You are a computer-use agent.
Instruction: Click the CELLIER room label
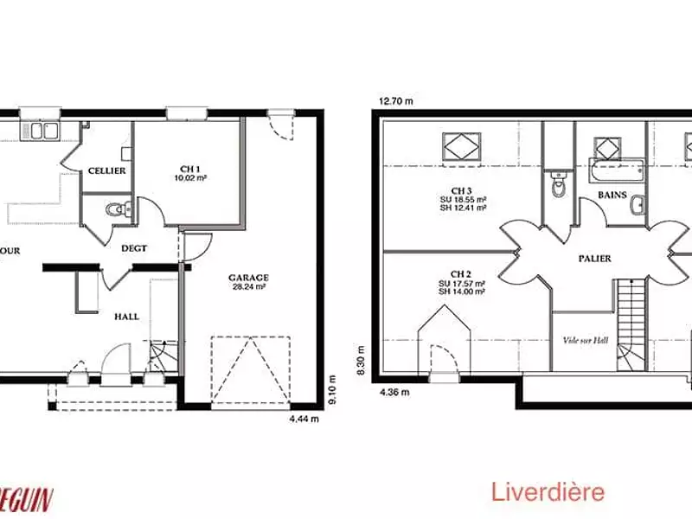(106, 170)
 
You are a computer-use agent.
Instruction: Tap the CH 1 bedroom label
(190, 169)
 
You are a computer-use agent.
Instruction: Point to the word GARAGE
(248, 278)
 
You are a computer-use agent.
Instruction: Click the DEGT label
(134, 248)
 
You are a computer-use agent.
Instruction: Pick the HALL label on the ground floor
(127, 317)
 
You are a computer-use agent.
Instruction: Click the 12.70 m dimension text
(395, 101)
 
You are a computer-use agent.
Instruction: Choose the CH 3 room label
(461, 190)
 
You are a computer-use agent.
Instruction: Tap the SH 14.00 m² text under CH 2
(461, 292)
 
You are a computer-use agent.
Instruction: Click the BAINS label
(612, 195)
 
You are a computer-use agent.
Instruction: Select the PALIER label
(595, 259)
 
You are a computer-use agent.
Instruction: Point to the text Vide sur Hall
(586, 340)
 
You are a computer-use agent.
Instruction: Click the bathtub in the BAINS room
(618, 170)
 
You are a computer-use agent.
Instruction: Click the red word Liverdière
(548, 493)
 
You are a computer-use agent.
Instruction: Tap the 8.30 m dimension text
(362, 356)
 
